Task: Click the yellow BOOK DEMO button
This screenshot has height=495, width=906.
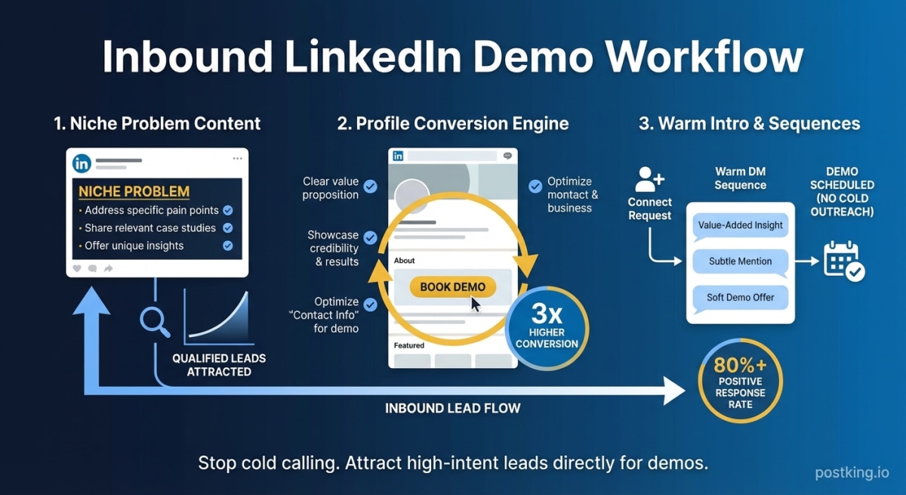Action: [x=453, y=287]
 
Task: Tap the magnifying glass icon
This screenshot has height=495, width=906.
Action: [x=155, y=321]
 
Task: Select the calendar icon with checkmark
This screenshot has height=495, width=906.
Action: [x=844, y=261]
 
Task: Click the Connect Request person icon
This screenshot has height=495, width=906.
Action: [x=649, y=180]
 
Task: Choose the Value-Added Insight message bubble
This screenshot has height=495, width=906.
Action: [x=740, y=225]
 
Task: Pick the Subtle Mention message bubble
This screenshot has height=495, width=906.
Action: [x=740, y=261]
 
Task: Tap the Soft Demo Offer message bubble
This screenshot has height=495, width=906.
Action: [x=740, y=298]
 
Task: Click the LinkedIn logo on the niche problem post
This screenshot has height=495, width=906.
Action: [x=82, y=163]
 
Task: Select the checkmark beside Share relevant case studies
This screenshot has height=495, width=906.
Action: [x=228, y=228]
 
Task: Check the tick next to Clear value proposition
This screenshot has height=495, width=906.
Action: [x=371, y=187]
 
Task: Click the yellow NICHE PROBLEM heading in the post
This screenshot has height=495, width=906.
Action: [x=134, y=192]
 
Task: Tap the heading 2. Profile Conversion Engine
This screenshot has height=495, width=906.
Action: [x=452, y=123]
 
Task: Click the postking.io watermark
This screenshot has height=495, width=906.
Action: [x=852, y=473]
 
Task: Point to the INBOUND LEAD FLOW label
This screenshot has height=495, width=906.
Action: [x=453, y=408]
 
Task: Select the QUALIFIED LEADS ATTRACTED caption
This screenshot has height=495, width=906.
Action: [x=219, y=365]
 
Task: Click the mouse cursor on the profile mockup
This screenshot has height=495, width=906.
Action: [x=476, y=305]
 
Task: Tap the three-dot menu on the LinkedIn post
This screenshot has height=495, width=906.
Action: [x=238, y=159]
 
